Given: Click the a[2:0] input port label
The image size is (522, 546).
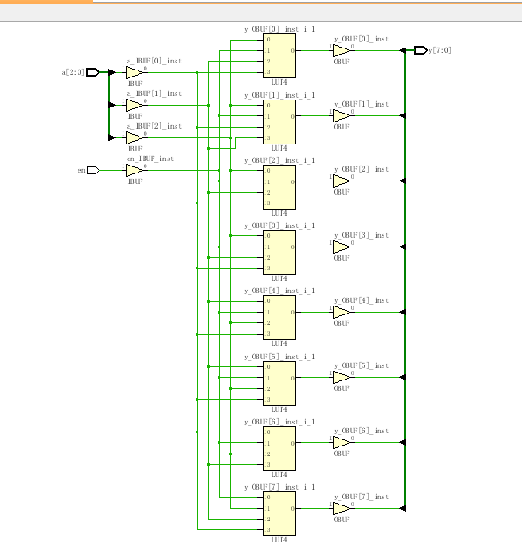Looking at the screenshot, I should (73, 72).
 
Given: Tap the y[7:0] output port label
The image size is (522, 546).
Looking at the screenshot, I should (440, 50).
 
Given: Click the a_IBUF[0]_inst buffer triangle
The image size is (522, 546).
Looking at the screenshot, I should (133, 72).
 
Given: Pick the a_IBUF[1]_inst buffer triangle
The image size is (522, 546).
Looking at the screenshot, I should (133, 105).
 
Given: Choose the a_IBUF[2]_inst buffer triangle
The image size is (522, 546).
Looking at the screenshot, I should (133, 137).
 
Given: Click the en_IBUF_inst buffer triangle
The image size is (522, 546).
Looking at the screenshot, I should (133, 170).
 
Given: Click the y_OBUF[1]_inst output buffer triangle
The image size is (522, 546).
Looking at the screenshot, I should (341, 115).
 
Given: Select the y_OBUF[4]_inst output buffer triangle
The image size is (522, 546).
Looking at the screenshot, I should (341, 311).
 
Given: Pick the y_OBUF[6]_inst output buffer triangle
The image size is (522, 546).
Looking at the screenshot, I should (341, 442).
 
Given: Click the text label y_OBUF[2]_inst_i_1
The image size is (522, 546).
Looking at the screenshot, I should (279, 159).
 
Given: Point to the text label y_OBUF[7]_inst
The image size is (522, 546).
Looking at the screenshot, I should (361, 497).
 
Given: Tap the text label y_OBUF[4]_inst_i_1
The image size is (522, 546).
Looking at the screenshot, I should (279, 291).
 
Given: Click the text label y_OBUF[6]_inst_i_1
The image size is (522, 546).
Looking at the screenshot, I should (279, 421).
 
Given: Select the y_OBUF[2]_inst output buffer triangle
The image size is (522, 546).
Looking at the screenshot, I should (341, 181).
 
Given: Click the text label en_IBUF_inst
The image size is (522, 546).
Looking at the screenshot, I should (150, 159).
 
